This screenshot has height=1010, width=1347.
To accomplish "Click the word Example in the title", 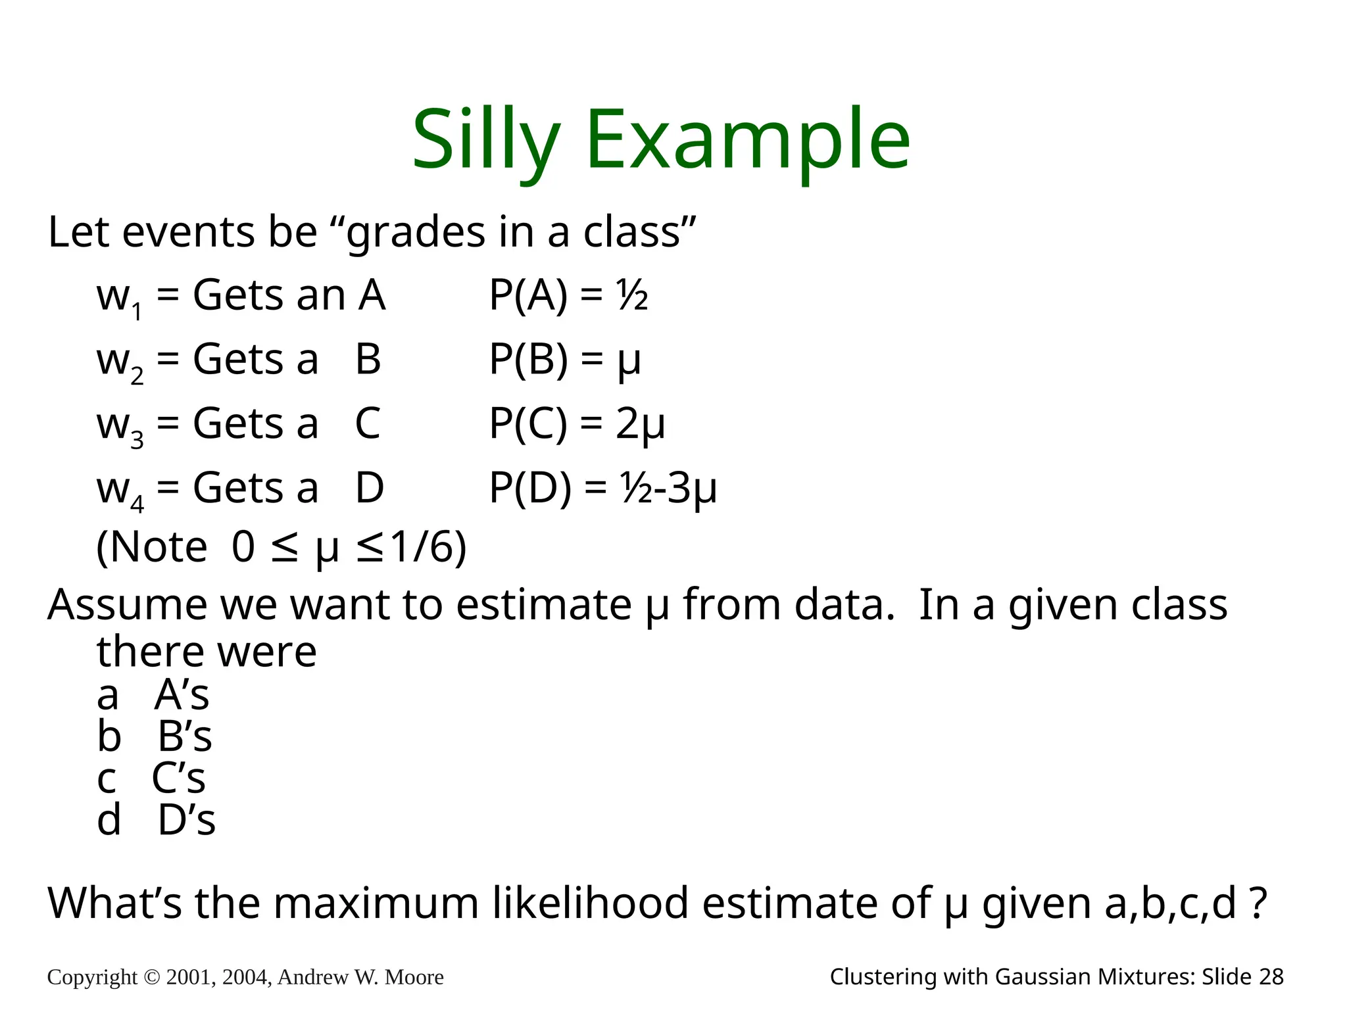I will click(747, 139).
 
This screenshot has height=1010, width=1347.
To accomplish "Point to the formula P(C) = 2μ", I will click(577, 423).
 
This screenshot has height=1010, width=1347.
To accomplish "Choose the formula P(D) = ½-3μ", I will click(602, 488).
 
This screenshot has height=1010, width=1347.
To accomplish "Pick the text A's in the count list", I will click(182, 694).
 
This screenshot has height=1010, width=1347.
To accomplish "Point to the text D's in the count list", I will click(187, 820).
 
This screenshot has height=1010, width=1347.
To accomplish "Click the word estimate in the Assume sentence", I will click(544, 604).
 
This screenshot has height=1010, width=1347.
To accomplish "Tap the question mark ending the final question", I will click(1258, 903).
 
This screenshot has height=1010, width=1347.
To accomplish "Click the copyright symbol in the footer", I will click(151, 977).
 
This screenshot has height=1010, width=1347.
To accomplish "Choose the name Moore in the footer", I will click(414, 977).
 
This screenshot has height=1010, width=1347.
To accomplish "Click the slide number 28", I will click(1271, 977).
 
